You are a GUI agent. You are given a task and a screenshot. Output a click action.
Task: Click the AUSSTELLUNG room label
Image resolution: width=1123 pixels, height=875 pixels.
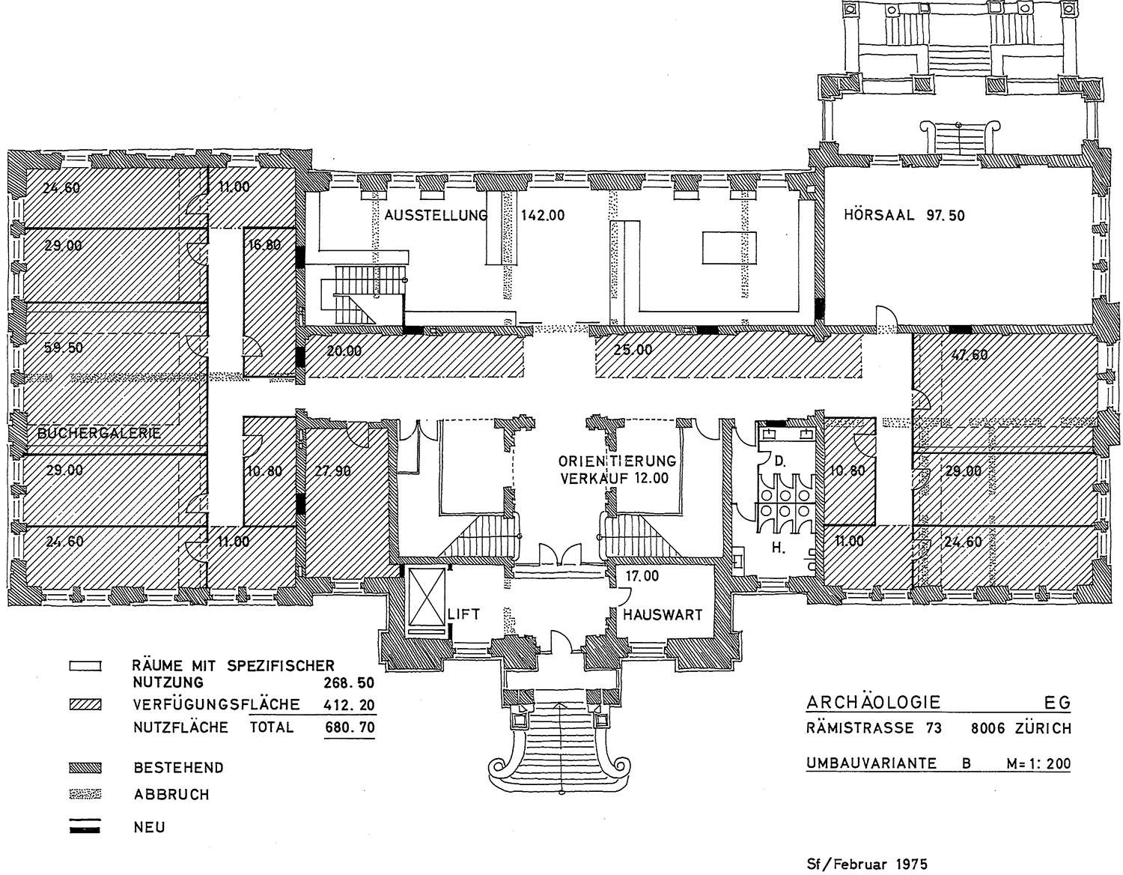(436, 214)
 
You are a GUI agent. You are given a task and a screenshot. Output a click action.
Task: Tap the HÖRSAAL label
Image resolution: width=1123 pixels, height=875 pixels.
(879, 214)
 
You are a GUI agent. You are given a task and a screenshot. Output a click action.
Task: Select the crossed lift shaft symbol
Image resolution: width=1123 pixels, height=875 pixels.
(426, 597)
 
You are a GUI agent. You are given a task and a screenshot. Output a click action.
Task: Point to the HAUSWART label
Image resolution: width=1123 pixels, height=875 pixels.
(663, 615)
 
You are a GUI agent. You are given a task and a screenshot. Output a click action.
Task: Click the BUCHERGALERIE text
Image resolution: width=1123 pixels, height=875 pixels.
(100, 432)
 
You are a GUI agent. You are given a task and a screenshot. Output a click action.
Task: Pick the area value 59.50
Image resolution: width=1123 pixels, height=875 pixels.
(64, 348)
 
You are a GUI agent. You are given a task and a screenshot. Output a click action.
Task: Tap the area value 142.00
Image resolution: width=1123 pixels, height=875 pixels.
(543, 215)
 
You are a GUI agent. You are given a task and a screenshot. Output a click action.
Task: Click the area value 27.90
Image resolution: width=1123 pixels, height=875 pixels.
(332, 471)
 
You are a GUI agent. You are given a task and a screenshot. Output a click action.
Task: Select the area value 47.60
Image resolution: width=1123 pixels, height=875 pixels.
(969, 355)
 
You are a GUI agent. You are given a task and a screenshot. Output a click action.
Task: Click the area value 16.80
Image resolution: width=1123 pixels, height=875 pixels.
(264, 245)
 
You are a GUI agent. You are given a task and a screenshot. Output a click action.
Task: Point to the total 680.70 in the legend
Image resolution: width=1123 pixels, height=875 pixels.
(350, 727)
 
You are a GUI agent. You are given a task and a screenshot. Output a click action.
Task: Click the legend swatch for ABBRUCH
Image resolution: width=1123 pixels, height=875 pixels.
(85, 794)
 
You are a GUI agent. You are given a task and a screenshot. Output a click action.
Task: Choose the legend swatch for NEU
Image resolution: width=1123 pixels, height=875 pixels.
(85, 827)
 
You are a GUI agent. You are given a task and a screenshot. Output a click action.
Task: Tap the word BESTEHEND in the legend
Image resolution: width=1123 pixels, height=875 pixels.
(179, 767)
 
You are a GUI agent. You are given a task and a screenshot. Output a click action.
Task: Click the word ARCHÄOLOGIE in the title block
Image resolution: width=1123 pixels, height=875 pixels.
(874, 702)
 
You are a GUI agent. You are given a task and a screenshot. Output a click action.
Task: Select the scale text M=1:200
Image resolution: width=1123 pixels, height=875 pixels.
(1038, 763)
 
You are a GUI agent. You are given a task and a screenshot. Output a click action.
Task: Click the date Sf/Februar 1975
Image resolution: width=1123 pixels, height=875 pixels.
(867, 864)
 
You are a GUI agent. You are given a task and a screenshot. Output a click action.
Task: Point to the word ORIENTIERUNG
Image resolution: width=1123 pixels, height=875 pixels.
(617, 460)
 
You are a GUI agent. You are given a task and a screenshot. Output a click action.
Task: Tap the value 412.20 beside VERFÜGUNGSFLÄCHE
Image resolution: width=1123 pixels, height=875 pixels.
(350, 705)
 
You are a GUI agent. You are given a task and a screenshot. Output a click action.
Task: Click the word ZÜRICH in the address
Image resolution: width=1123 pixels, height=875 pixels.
(1043, 728)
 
